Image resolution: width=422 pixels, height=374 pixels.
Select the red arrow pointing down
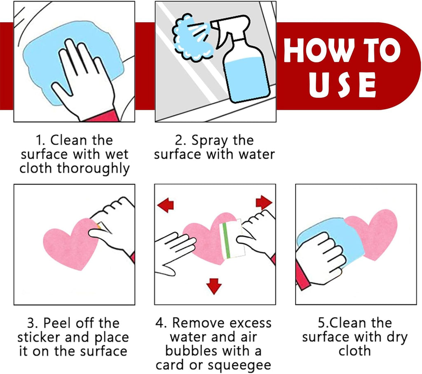214,286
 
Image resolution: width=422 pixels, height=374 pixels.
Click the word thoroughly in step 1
93,169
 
